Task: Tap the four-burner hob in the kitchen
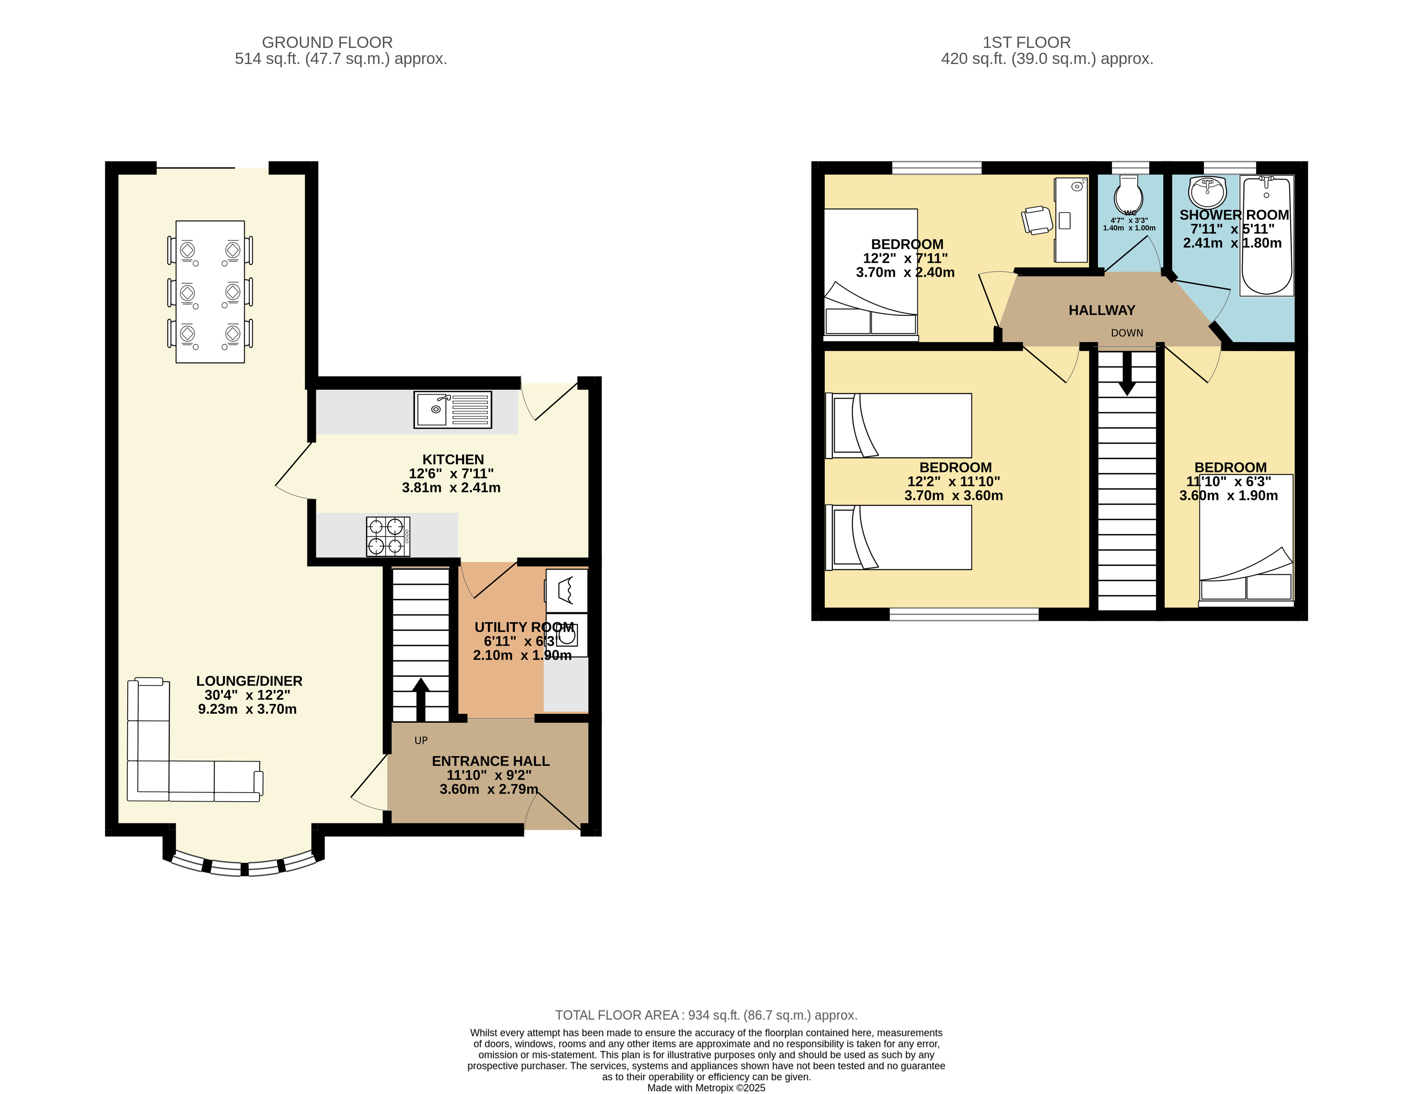tap(388, 536)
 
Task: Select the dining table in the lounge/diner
tap(210, 292)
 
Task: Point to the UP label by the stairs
tap(421, 740)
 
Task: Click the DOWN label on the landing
tap(1127, 333)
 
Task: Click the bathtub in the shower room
tap(1267, 236)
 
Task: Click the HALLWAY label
tap(1102, 310)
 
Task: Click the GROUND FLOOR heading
tap(328, 43)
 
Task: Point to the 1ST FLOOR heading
tap(1027, 43)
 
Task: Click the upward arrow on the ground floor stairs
tap(421, 699)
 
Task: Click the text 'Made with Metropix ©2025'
tap(707, 1088)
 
